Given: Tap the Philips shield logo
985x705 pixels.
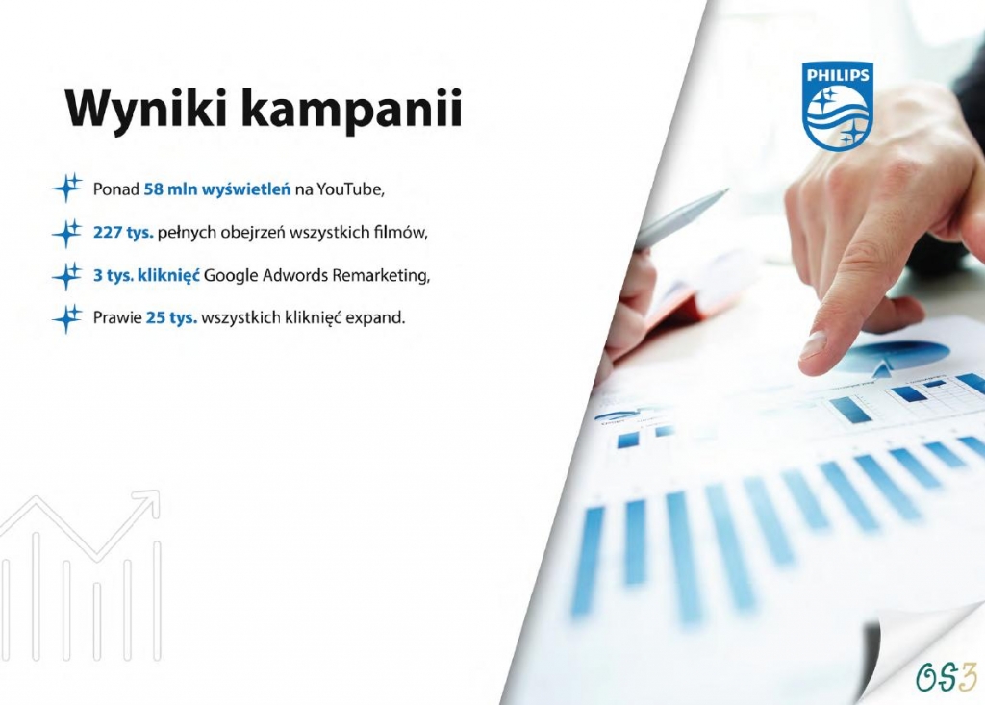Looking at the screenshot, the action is click(838, 106).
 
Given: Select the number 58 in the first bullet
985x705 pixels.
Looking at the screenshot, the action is click(153, 189).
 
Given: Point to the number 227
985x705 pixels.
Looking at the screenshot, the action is click(107, 233).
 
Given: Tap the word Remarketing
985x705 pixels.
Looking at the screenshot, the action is click(381, 276).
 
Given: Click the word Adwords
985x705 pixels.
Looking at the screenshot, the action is click(294, 275).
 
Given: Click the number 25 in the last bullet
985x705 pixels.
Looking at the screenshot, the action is click(155, 318).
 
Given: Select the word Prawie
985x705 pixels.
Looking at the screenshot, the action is click(117, 318).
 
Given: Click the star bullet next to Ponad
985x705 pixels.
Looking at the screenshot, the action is click(66, 188).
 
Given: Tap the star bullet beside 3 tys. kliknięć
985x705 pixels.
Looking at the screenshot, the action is click(66, 276).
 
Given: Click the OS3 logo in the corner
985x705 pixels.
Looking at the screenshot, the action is click(947, 677).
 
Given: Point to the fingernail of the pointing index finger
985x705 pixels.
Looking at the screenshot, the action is click(814, 345).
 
